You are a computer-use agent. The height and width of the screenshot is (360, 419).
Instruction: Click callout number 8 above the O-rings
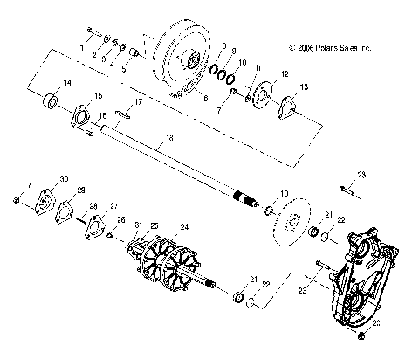tap(223, 45)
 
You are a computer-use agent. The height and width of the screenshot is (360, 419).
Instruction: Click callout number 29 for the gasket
tap(81, 190)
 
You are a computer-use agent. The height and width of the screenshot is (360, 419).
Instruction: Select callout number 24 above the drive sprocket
tap(182, 227)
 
